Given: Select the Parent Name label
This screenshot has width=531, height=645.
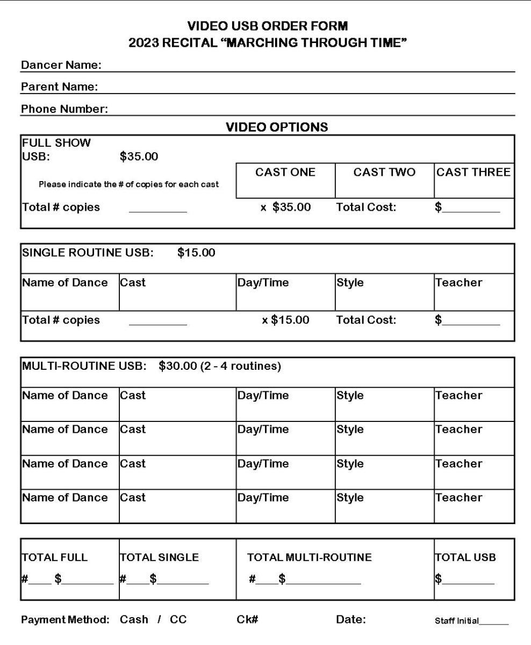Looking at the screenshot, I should [59, 87].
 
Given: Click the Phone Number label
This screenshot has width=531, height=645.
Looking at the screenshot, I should [64, 110].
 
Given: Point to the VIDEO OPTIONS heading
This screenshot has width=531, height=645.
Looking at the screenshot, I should [277, 128].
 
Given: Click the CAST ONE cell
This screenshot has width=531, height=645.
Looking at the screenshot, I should [285, 181].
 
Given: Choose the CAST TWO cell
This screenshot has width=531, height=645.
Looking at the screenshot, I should [384, 181].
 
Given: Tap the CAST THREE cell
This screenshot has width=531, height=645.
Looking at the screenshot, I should [473, 181].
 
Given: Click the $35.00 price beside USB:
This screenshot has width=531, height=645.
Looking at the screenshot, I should [139, 157].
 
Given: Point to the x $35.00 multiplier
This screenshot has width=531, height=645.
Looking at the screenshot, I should [285, 207].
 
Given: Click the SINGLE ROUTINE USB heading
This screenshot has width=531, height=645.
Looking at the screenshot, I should [88, 253].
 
